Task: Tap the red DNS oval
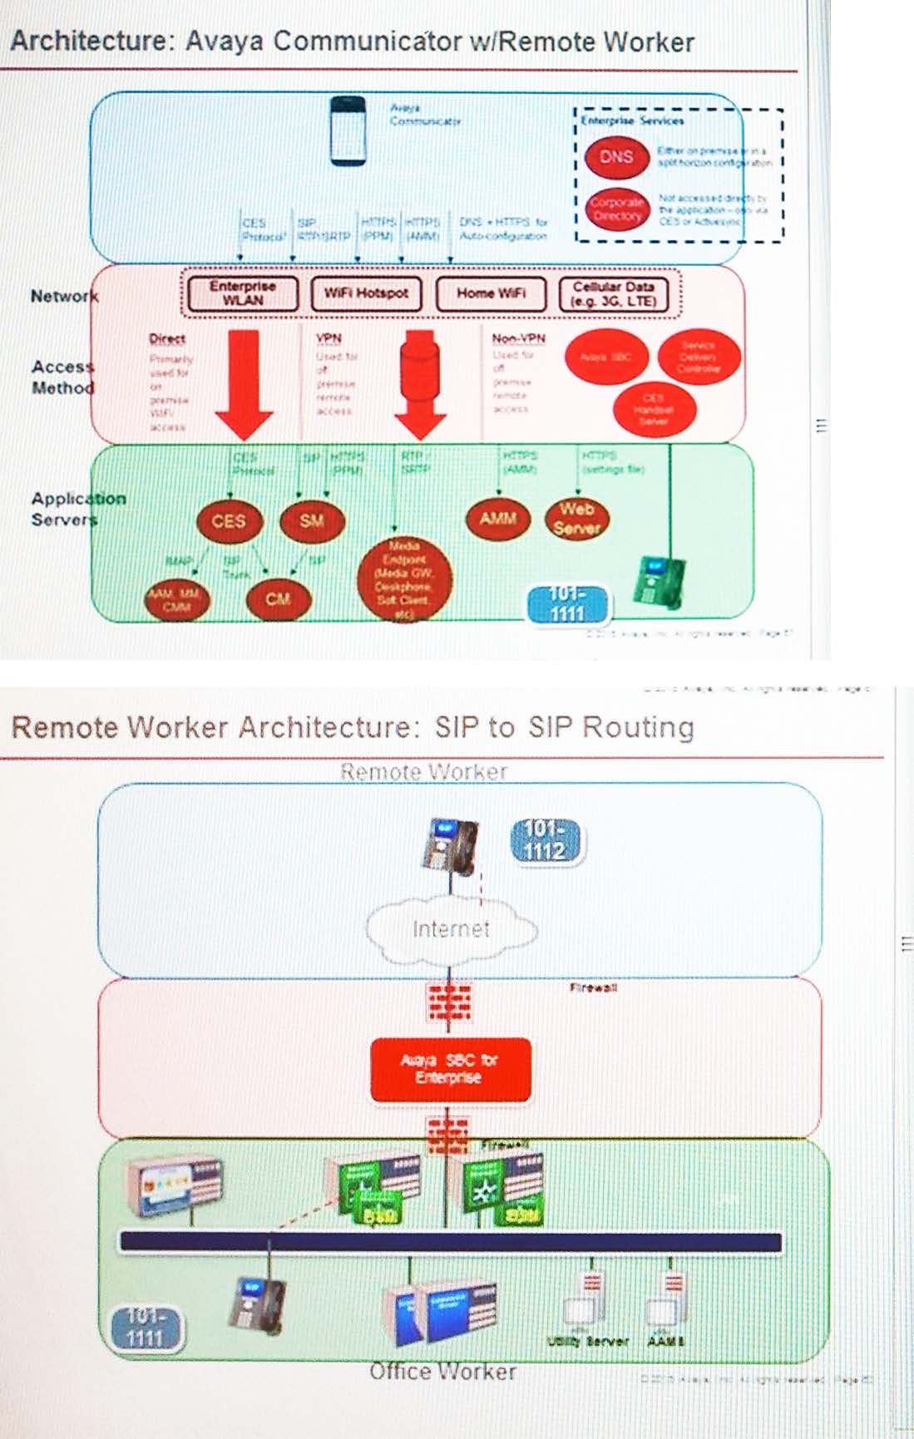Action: (x=616, y=157)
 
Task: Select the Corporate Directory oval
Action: (x=616, y=209)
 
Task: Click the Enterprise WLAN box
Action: (x=242, y=293)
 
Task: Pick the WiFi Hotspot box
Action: (x=366, y=293)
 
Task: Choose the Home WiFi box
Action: (x=491, y=293)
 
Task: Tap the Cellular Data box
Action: (x=613, y=293)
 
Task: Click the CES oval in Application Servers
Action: (x=229, y=521)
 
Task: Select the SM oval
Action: (x=311, y=521)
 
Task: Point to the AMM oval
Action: (x=497, y=518)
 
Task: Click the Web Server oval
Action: (x=576, y=518)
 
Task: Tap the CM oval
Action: (x=278, y=599)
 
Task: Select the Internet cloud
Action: (x=451, y=929)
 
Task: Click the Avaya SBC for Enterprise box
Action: (x=450, y=1069)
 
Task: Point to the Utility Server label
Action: (x=588, y=1341)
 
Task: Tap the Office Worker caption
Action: (x=442, y=1371)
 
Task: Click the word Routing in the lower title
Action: (x=638, y=727)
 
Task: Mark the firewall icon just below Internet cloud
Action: (x=449, y=1002)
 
